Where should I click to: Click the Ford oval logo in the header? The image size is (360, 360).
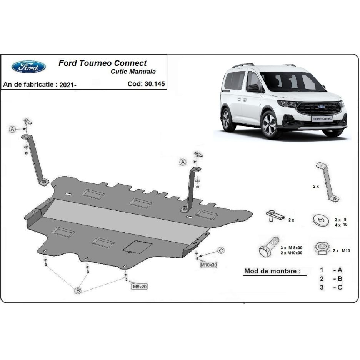coord(28,67)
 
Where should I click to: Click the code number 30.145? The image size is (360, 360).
coord(155,84)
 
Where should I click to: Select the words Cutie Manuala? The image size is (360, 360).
coord(133,72)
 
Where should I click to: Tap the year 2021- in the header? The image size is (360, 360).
coord(68,85)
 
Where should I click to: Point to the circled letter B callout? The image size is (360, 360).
coord(78,291)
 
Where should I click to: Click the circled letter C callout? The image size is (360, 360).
coord(221,250)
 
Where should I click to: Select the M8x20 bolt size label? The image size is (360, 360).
coord(140,287)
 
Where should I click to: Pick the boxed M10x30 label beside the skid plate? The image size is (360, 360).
coord(209,265)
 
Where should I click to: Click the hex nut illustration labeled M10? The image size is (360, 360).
coord(322,248)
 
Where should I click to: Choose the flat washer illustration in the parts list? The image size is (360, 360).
coord(321,220)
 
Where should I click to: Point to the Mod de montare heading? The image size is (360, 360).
coord(272,271)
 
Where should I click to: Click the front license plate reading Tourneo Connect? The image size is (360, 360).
coord(322,119)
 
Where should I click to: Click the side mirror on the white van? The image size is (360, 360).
coord(254,88)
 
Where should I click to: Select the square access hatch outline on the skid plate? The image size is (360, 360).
coord(138,247)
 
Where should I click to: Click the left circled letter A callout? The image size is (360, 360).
coord(12,129)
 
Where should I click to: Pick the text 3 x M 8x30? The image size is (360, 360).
coord(292,248)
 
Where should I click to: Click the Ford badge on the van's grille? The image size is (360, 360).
coord(321,107)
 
